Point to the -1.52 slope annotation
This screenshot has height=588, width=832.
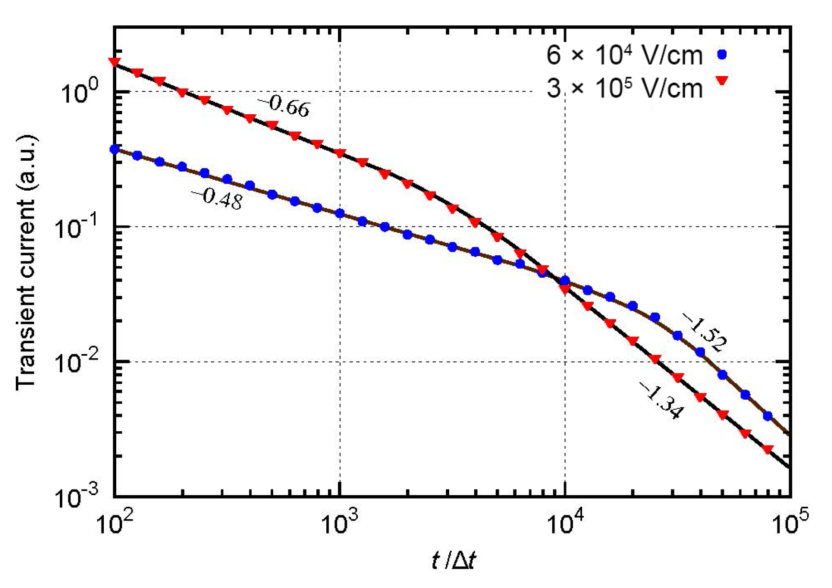[704, 332]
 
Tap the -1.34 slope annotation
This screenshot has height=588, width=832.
[661, 401]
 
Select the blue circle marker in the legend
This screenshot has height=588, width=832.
[722, 54]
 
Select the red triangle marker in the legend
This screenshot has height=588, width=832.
[722, 81]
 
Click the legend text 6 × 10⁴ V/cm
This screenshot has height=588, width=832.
[624, 56]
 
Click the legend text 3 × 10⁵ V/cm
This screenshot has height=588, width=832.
[624, 88]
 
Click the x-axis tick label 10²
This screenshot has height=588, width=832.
[114, 523]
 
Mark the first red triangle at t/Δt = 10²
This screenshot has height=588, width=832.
[114, 62]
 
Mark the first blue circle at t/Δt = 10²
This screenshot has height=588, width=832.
[114, 150]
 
